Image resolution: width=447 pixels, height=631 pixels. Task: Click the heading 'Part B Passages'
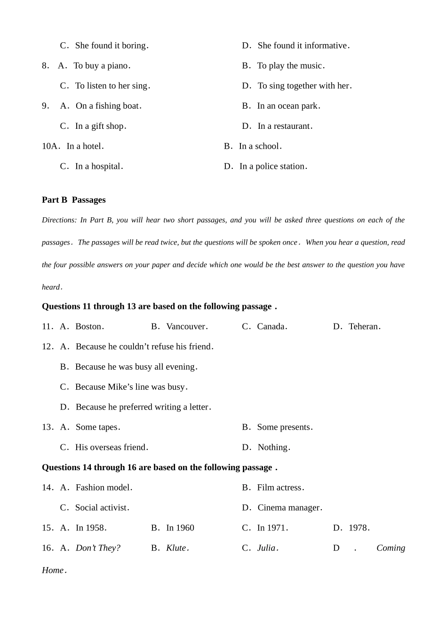[x=73, y=200]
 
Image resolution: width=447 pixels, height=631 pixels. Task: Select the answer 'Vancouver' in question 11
[x=186, y=326]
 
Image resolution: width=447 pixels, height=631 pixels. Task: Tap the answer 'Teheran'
[x=364, y=326]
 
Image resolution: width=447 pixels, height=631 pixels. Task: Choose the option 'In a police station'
[x=272, y=166]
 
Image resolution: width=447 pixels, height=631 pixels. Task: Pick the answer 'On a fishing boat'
[x=108, y=106]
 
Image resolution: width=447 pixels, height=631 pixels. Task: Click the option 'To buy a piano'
[x=101, y=66]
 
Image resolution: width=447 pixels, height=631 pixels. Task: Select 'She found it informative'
[x=303, y=46]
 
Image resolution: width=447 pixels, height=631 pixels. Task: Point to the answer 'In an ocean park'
[x=288, y=106]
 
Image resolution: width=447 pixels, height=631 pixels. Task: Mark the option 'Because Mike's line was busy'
[x=131, y=387]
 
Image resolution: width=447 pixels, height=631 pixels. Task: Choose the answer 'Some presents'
[x=284, y=427]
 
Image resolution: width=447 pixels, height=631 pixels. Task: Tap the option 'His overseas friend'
[x=111, y=447]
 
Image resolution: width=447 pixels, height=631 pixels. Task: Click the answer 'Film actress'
[x=280, y=488]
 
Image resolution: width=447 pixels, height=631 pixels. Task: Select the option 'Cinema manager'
[x=289, y=508]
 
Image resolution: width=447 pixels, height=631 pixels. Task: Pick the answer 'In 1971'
[x=272, y=528]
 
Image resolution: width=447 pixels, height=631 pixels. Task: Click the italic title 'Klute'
[x=177, y=548]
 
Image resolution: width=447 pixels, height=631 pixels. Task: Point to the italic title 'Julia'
[x=267, y=548]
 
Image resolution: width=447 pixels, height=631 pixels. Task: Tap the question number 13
[x=47, y=427]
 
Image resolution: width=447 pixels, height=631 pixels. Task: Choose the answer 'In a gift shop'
[x=100, y=126]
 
